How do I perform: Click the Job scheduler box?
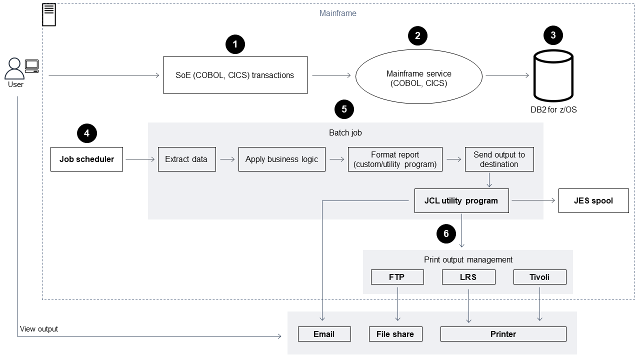(86, 159)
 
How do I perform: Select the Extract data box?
(186, 159)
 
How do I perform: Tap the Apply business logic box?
(281, 159)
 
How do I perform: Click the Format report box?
(395, 159)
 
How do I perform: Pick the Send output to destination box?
(499, 159)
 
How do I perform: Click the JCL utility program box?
(461, 200)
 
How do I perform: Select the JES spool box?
(593, 200)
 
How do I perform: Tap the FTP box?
(397, 276)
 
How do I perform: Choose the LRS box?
(468, 276)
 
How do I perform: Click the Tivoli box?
(539, 276)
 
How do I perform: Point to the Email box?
(324, 334)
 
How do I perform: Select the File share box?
(395, 334)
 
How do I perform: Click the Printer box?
(503, 334)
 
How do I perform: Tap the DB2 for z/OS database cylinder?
(553, 75)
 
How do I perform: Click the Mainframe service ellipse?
(418, 78)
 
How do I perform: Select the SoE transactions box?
(235, 75)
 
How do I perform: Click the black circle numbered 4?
(87, 133)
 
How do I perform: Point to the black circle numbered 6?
(446, 233)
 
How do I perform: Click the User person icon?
(15, 68)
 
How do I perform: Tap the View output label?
(39, 329)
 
